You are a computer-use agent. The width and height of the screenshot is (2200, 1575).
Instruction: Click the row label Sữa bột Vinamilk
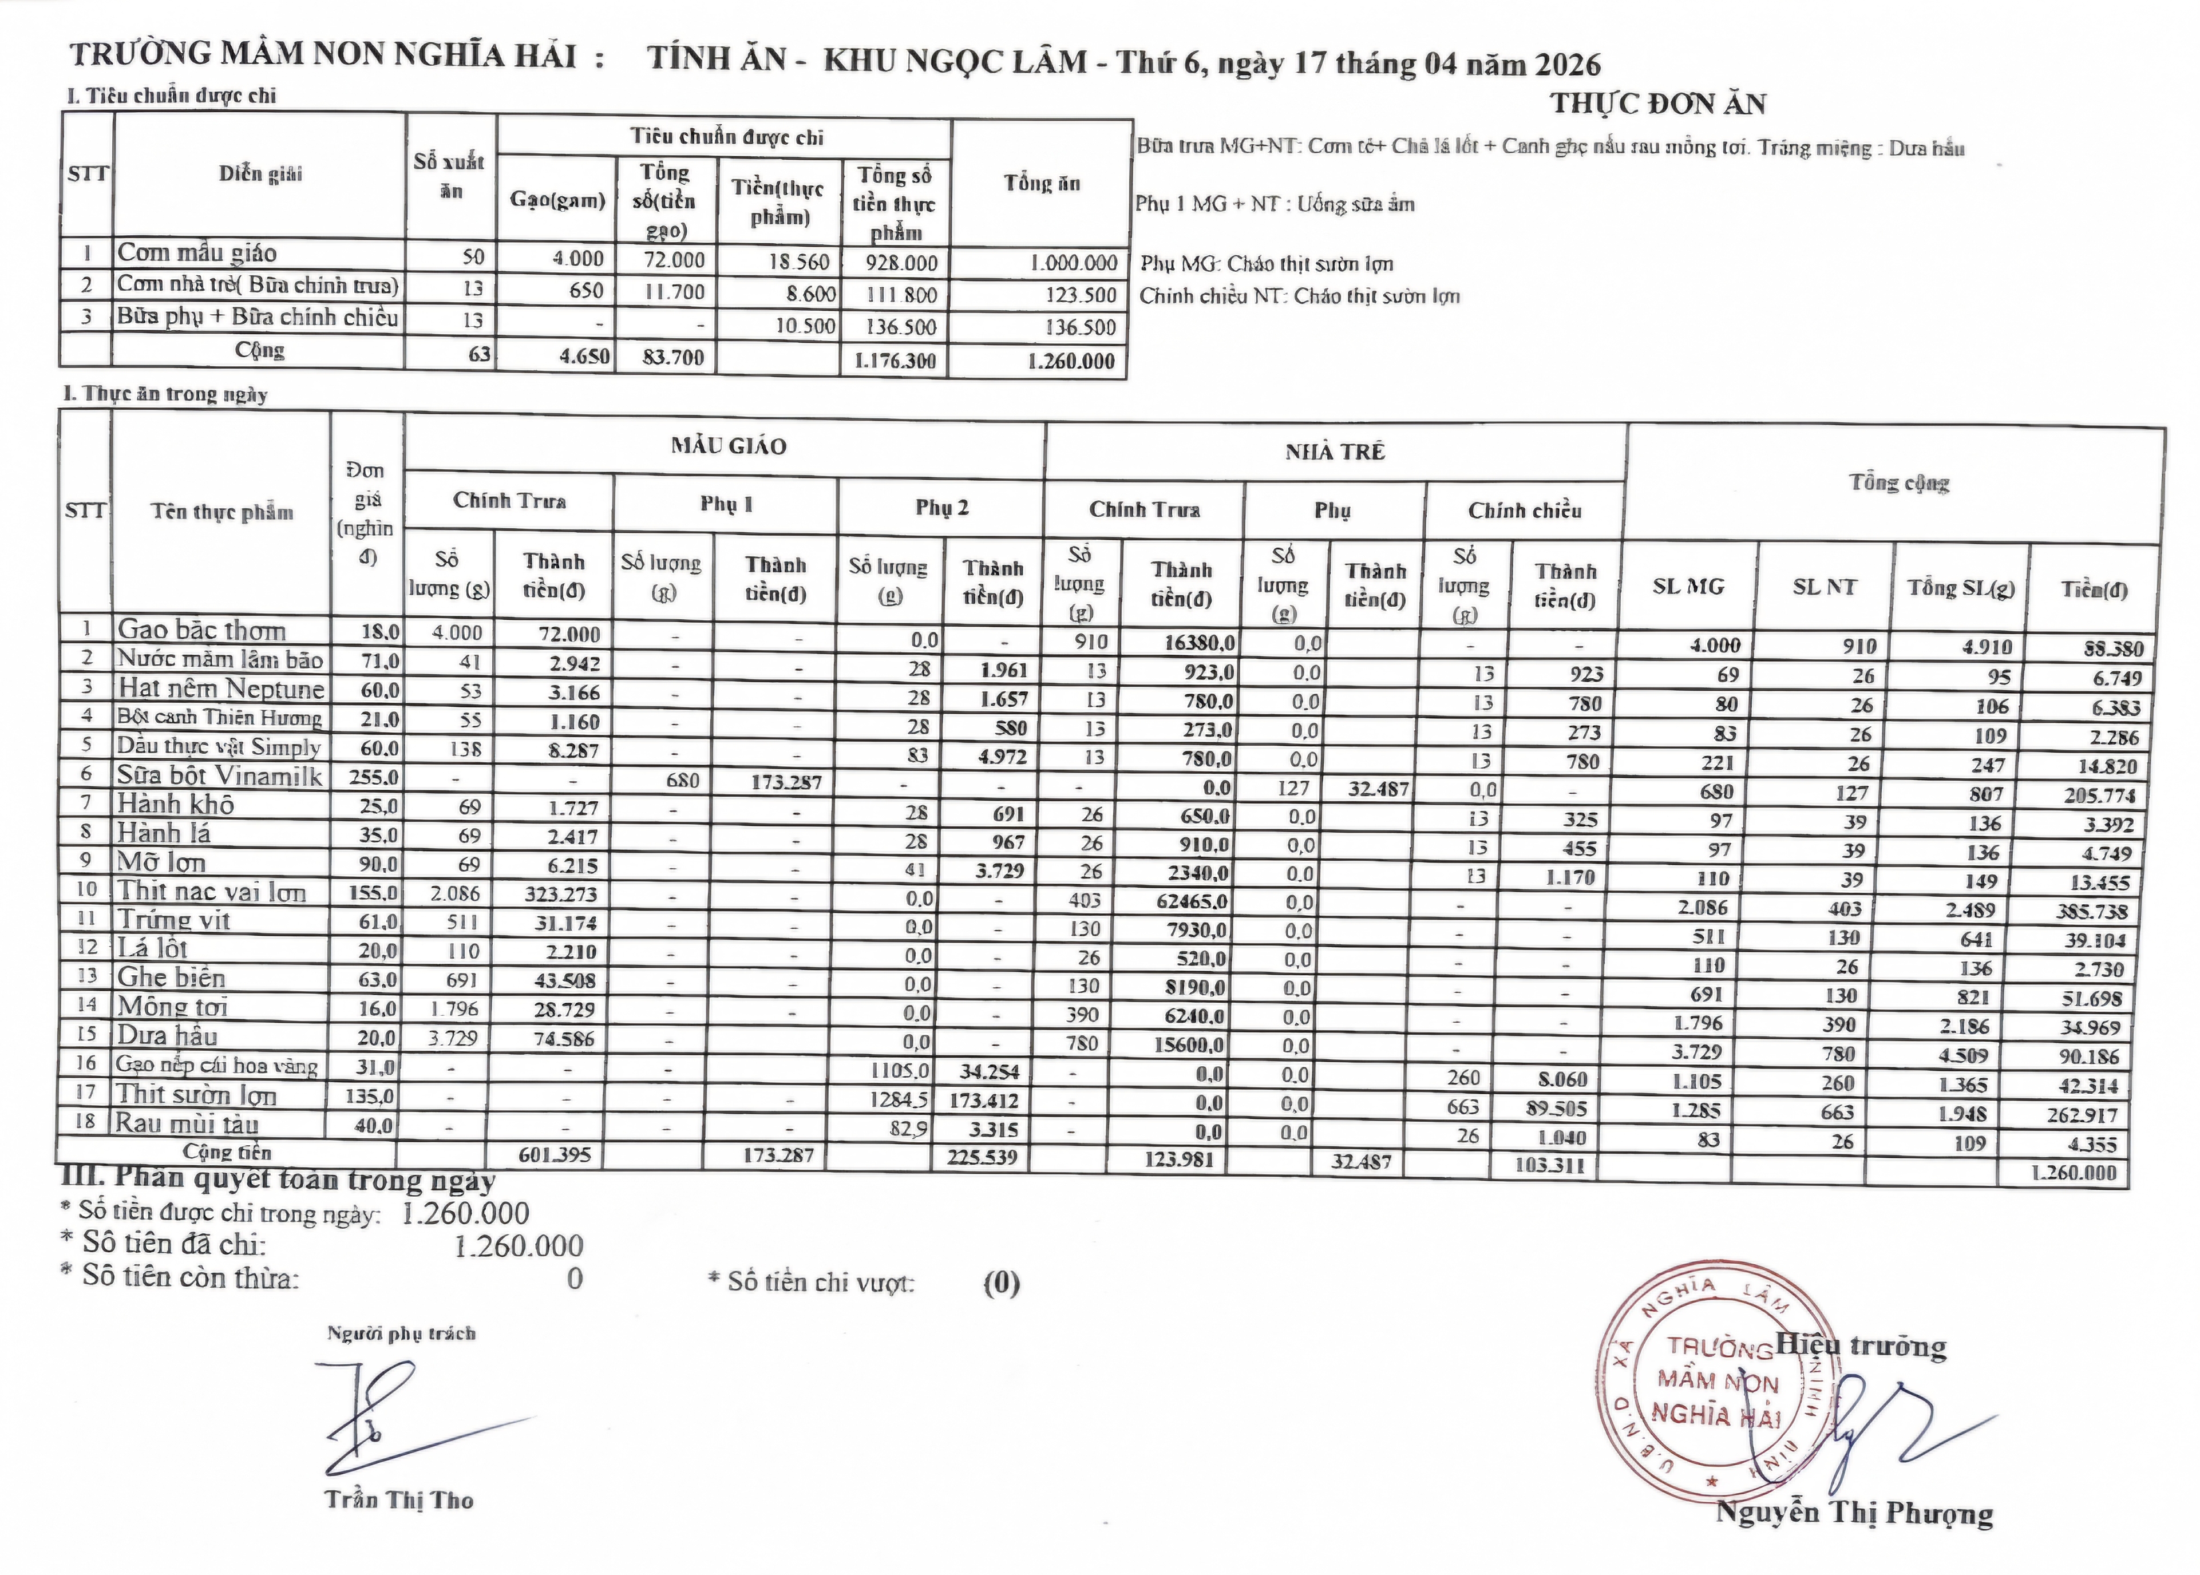(219, 776)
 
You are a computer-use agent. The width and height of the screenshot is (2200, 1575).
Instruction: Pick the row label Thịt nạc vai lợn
(211, 891)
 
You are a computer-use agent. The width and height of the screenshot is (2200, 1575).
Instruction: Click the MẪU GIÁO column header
(727, 446)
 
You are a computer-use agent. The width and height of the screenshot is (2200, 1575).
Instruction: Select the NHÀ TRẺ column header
(1335, 452)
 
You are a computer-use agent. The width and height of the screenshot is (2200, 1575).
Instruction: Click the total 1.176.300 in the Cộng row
(896, 361)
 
